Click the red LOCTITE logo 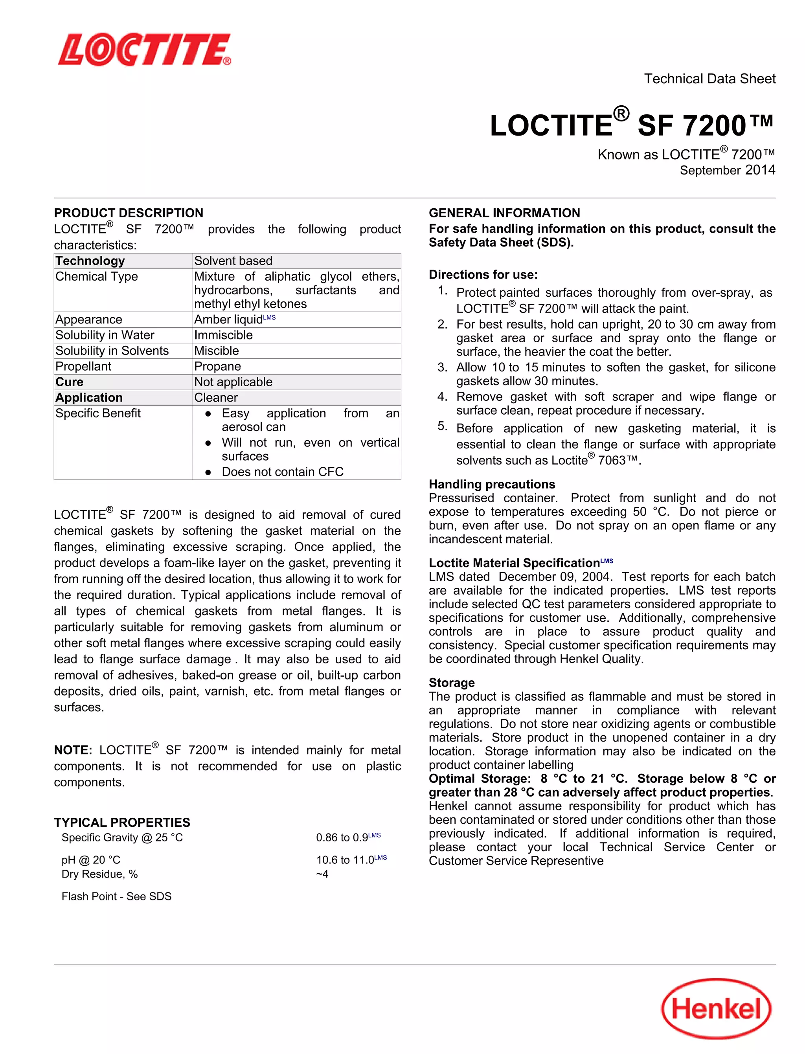(x=144, y=50)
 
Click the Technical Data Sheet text (x=709, y=79)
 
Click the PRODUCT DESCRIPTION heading (x=129, y=213)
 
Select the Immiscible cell (x=223, y=335)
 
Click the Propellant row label (x=83, y=367)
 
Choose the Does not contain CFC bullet (x=282, y=472)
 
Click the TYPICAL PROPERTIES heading (x=122, y=822)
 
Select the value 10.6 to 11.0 (x=345, y=860)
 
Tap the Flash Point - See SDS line (x=116, y=896)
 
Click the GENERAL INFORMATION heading (x=504, y=213)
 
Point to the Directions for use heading (x=483, y=275)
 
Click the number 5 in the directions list (x=442, y=426)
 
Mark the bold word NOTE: (x=73, y=750)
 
